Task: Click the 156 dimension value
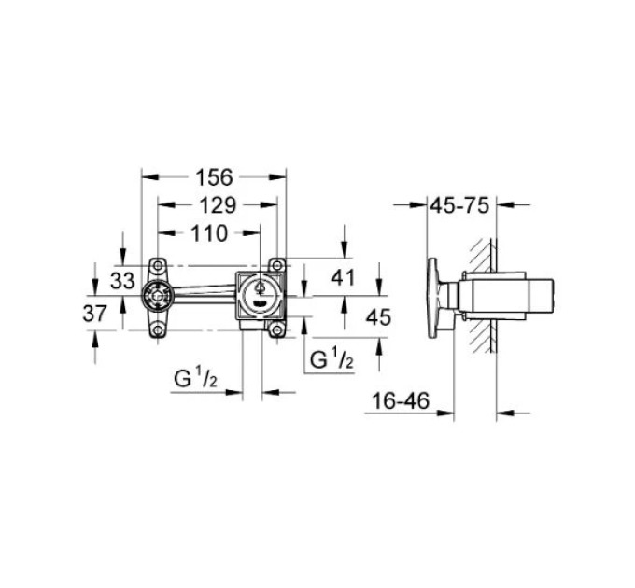coord(214,177)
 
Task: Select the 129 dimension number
coord(218,205)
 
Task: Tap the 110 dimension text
coord(209,233)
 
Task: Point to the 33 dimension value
coord(122,280)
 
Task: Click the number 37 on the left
coord(94,314)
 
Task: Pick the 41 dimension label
coord(343,277)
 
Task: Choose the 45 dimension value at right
coord(378,316)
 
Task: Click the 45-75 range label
coord(459,205)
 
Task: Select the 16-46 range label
coord(400,400)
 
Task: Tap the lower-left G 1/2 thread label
coord(195,379)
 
